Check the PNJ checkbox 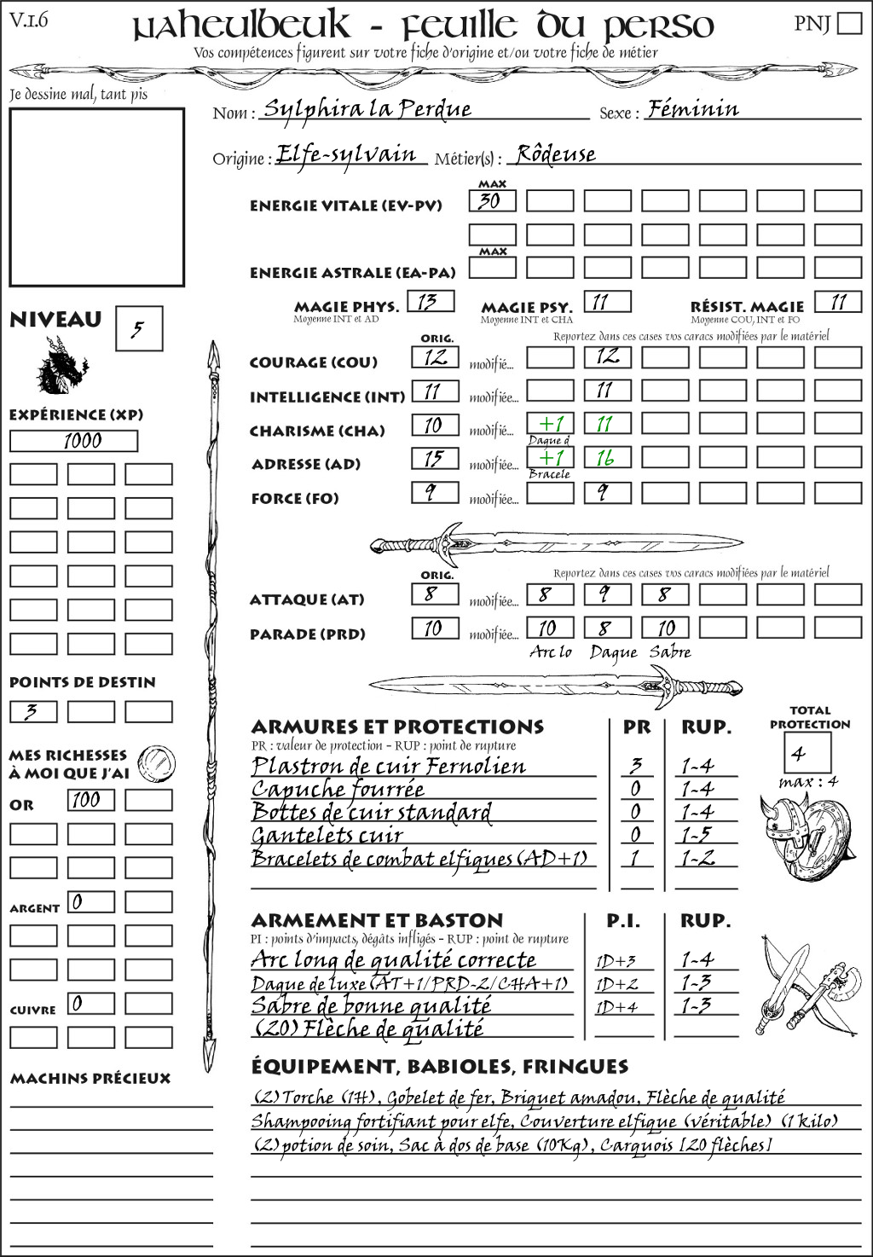pos(849,23)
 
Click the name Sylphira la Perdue pos(367,109)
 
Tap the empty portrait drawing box pos(96,197)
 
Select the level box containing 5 pos(138,329)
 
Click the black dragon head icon pos(61,366)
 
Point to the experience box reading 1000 pos(73,441)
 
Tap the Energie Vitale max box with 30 pos(492,201)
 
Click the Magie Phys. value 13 pos(431,302)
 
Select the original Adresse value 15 pos(435,459)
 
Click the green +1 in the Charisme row pos(550,424)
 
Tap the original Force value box pos(435,493)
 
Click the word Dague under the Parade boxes pos(613,653)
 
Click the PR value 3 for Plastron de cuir pos(636,766)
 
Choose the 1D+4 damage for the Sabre pos(617,1007)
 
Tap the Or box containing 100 pos(90,800)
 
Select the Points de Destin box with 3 pos(33,712)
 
